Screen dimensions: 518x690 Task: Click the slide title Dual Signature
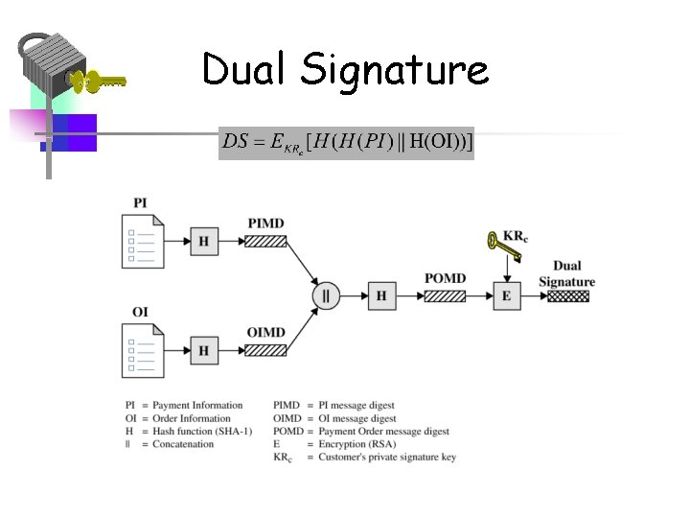click(345, 70)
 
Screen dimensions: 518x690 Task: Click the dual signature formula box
click(346, 143)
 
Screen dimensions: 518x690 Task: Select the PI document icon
click(145, 241)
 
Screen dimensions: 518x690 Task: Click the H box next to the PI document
click(203, 242)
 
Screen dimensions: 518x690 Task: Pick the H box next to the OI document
click(203, 351)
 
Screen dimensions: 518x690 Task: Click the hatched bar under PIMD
click(265, 241)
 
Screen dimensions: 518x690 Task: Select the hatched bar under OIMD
click(265, 350)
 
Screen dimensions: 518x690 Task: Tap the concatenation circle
click(326, 295)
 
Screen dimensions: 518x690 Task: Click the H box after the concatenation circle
click(381, 295)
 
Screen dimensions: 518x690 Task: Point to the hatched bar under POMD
click(445, 295)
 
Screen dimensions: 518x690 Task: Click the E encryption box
click(506, 295)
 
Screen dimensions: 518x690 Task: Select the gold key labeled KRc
click(502, 247)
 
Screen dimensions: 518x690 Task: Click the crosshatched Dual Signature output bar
click(567, 295)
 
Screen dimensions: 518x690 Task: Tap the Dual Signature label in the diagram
click(566, 273)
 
